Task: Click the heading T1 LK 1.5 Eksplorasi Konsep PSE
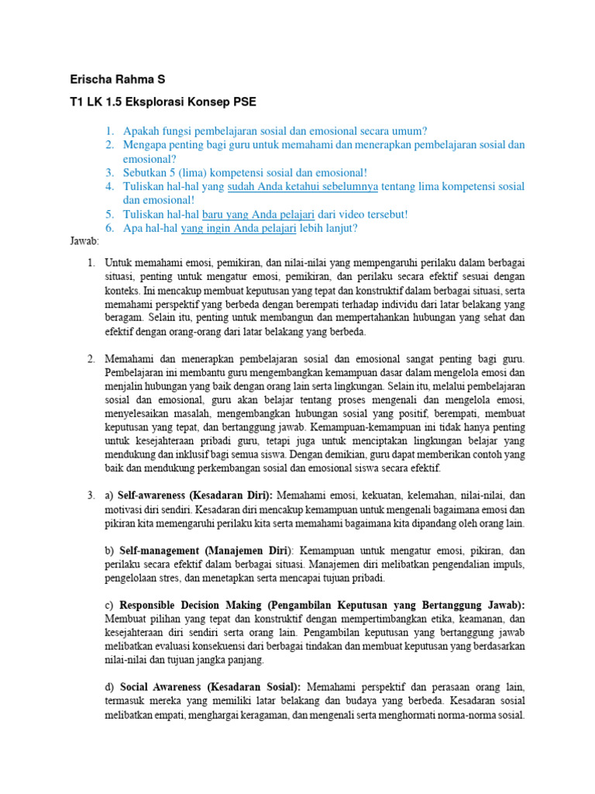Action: click(x=162, y=102)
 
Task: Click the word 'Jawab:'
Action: click(x=81, y=242)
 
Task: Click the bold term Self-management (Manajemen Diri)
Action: click(x=205, y=551)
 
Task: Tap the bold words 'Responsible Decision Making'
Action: click(x=191, y=605)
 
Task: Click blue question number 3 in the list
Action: click(x=111, y=173)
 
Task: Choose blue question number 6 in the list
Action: click(x=111, y=228)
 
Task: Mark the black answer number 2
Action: click(x=91, y=359)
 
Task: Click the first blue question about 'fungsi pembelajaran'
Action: click(x=275, y=131)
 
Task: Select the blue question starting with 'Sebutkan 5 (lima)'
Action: click(x=246, y=173)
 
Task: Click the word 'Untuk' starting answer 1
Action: click(x=119, y=263)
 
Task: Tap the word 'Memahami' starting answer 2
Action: click(x=129, y=359)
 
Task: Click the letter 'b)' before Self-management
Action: click(x=109, y=551)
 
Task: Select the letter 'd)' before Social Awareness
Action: click(x=109, y=687)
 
